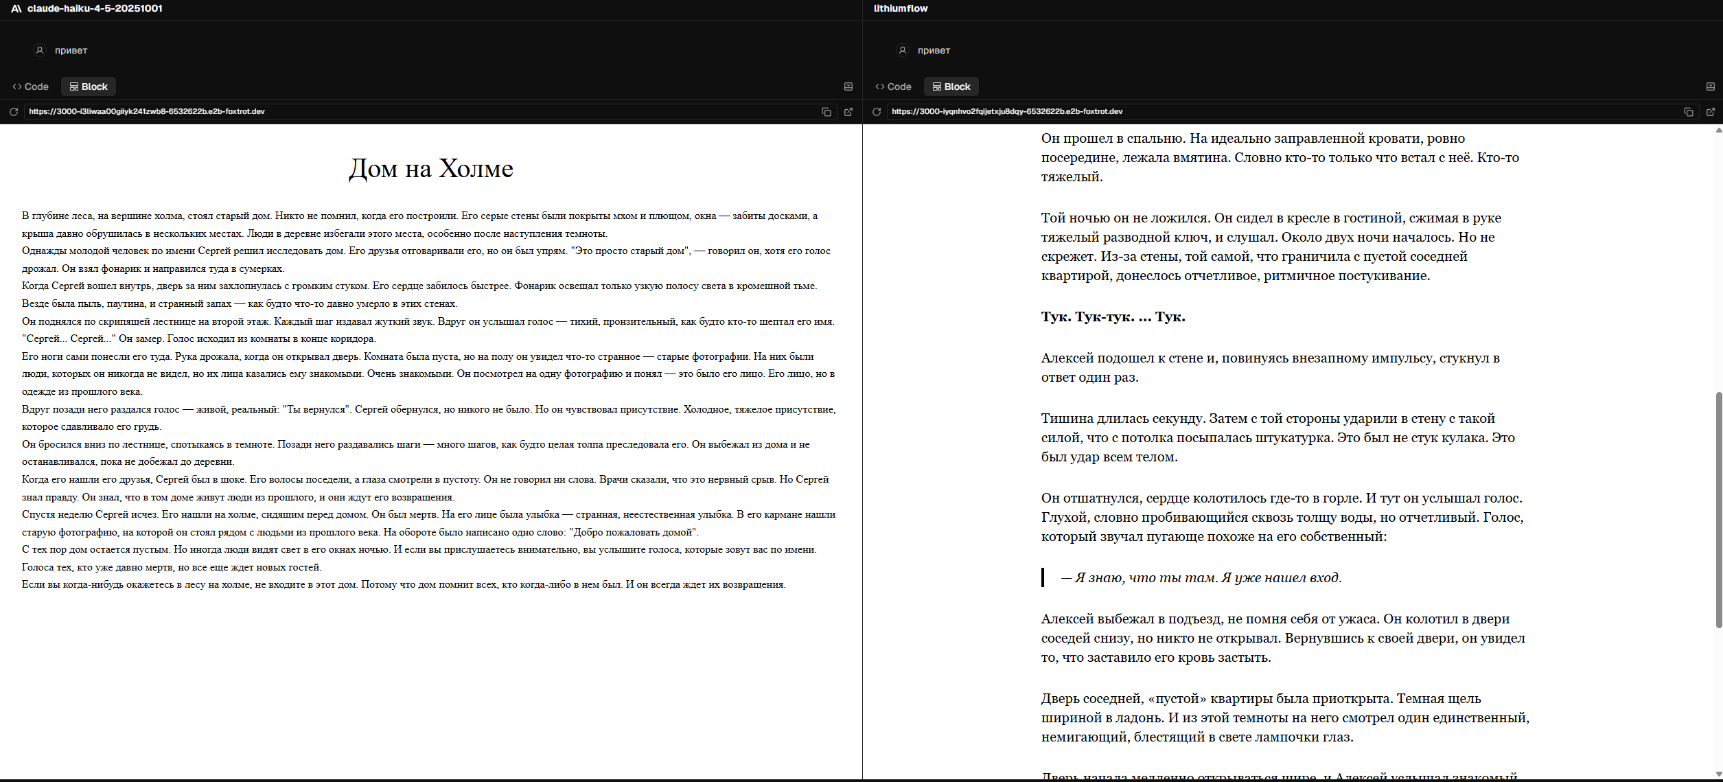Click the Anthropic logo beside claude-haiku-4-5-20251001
coord(16,9)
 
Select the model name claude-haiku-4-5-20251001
coord(95,9)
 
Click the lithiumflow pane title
coord(900,9)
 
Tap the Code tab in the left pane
coord(31,87)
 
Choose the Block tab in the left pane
coord(89,87)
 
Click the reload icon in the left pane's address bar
coord(14,112)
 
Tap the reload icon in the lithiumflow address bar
coord(877,112)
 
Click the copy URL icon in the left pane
coord(826,112)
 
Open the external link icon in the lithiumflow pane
coord(1711,112)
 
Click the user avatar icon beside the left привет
coord(40,50)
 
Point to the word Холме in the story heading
coord(476,169)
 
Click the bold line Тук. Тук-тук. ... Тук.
coord(1113,317)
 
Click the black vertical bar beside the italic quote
coord(1043,578)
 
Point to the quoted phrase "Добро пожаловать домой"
coord(633,533)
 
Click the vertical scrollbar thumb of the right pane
coord(1718,508)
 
